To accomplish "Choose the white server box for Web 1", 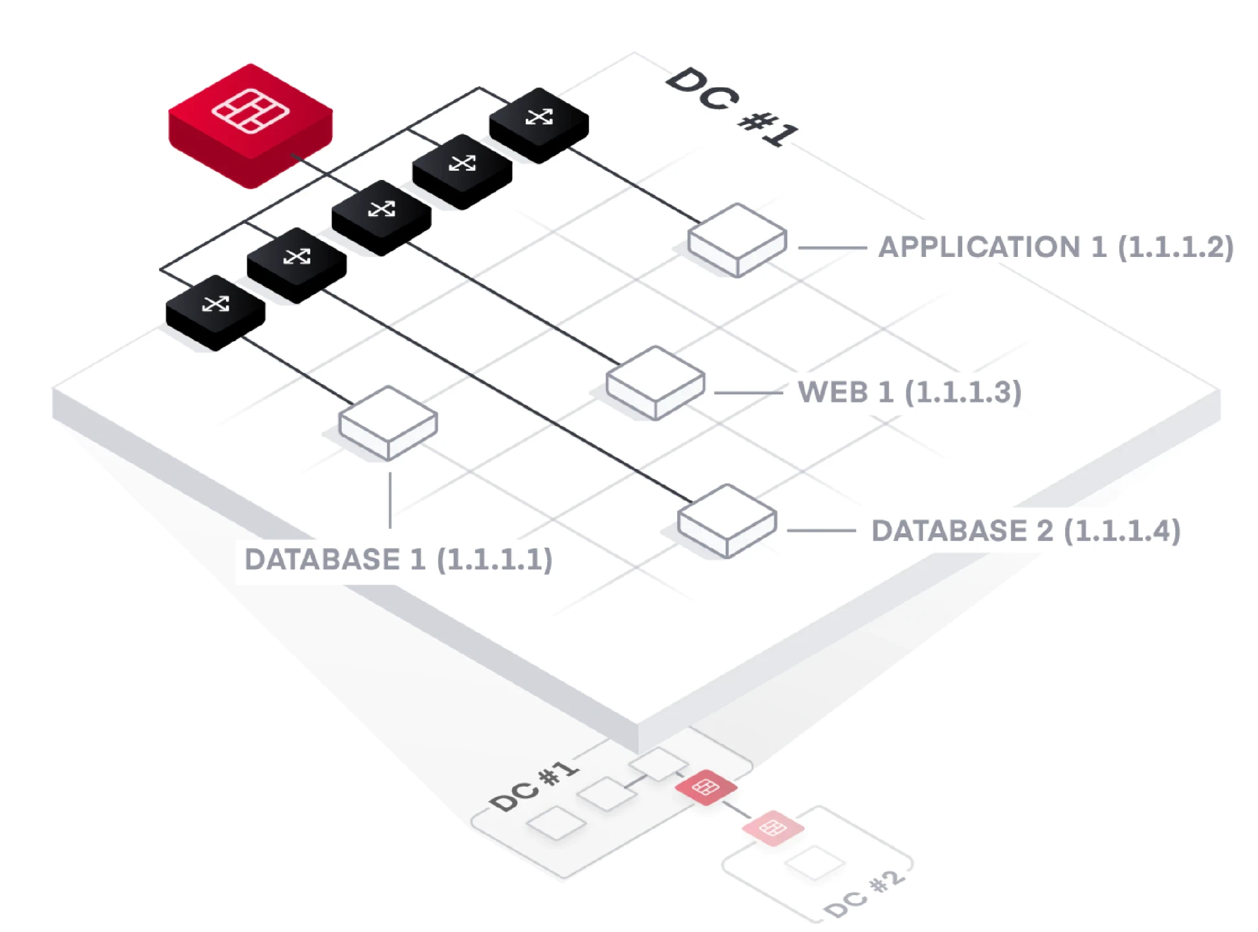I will coord(655,382).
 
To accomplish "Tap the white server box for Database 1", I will coord(388,423).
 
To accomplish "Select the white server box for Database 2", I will coord(726,520).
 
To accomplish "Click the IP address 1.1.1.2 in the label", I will coord(1175,247).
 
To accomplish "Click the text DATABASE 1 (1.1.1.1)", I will coord(398,560).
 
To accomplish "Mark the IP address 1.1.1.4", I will coord(1122,531).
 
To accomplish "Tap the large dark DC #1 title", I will coord(732,107).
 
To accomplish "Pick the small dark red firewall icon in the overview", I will coord(706,787).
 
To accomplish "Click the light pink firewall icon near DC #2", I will coord(772,827).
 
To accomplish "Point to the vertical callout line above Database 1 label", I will coord(390,500).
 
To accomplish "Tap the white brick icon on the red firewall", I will coord(251,111).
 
